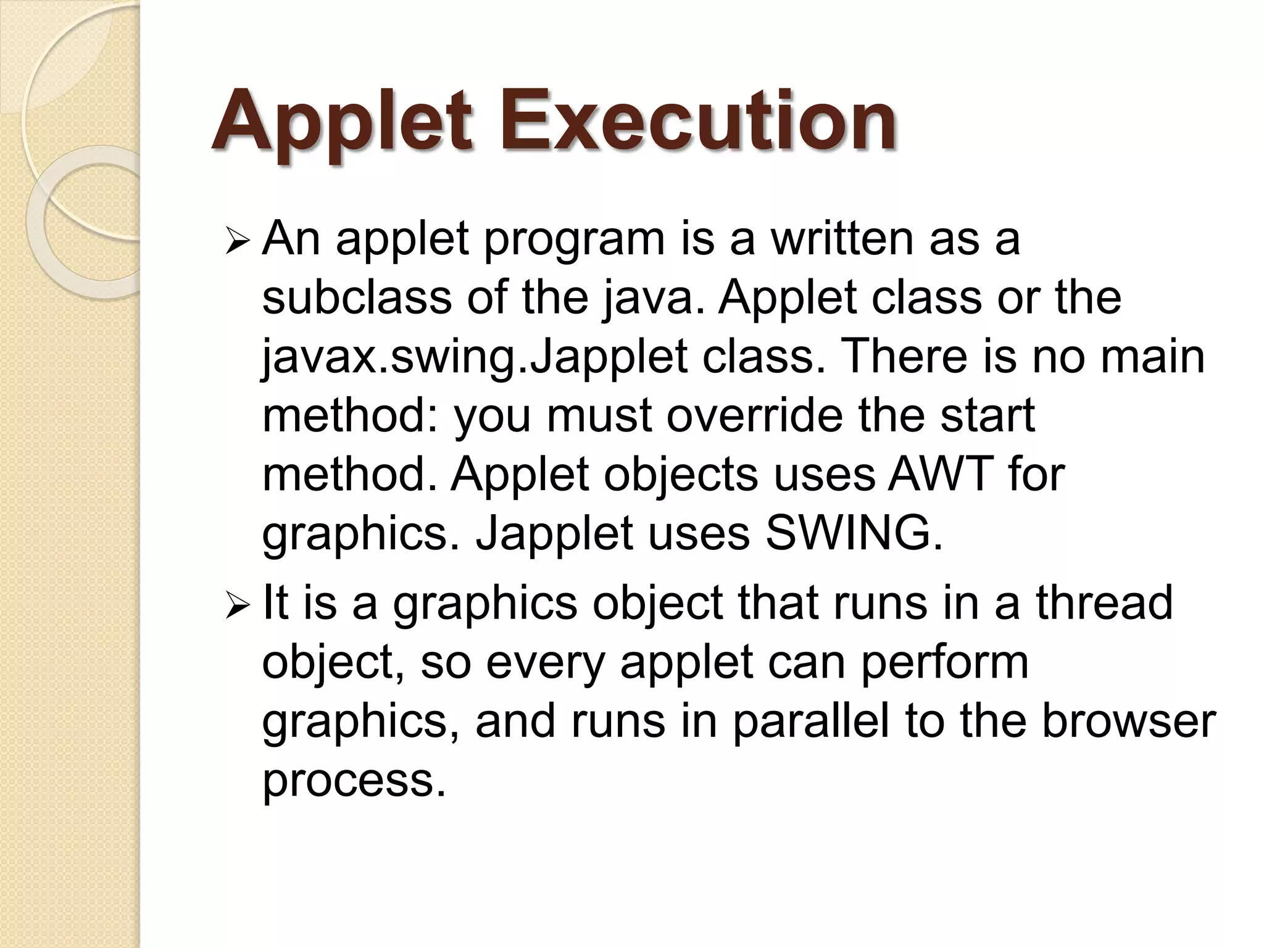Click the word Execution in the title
click(x=697, y=121)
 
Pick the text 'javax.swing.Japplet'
click(x=475, y=358)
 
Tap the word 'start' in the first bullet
click(x=987, y=415)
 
